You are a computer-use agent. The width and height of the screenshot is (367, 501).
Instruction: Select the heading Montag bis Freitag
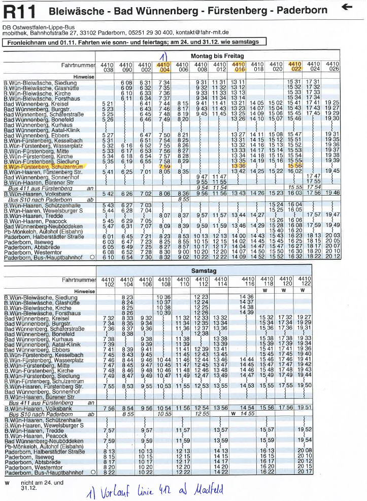(217, 55)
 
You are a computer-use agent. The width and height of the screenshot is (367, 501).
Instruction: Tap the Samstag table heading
(203, 271)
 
